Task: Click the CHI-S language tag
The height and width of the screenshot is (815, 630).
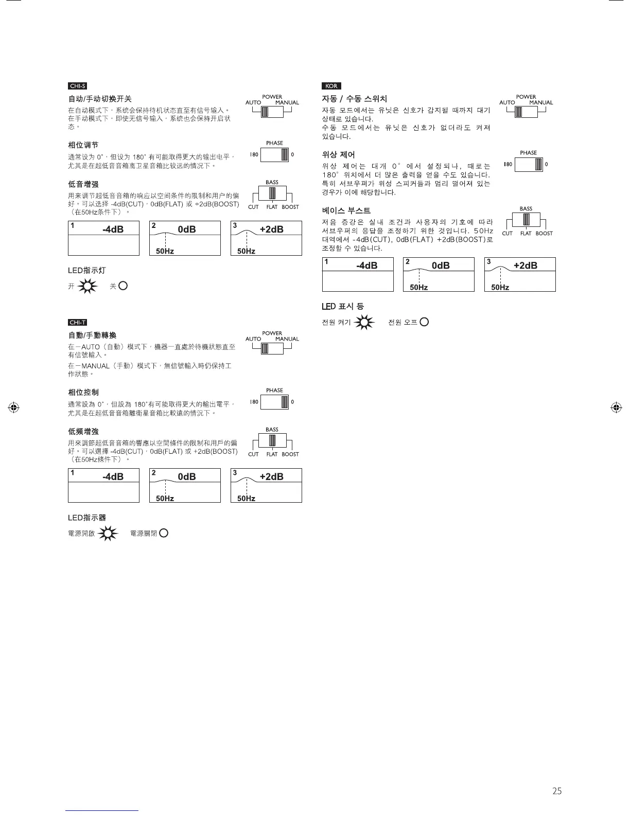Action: click(x=77, y=86)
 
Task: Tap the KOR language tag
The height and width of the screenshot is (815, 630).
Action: click(x=331, y=86)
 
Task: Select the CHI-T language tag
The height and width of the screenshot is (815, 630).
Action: click(x=77, y=323)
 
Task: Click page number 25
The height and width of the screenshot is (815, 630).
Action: click(x=556, y=791)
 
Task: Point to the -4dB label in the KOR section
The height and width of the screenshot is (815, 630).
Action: click(x=366, y=265)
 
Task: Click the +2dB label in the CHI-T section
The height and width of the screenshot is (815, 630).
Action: click(x=271, y=476)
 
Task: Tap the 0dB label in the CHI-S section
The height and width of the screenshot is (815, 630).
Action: click(x=186, y=229)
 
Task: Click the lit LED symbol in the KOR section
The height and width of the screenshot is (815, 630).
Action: click(x=364, y=323)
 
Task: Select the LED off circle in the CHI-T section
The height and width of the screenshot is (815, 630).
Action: click(x=164, y=533)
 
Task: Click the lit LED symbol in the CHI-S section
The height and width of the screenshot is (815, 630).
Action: click(x=88, y=286)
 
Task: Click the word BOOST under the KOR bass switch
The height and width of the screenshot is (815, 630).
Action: click(x=544, y=234)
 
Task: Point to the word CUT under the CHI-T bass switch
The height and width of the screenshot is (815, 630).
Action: click(x=253, y=454)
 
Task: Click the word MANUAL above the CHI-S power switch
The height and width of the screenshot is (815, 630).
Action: click(x=287, y=102)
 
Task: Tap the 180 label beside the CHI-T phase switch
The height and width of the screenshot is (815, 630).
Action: click(x=254, y=402)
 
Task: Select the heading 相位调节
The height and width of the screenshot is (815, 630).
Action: click(x=83, y=145)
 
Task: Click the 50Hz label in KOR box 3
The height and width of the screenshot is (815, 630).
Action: click(x=500, y=288)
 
